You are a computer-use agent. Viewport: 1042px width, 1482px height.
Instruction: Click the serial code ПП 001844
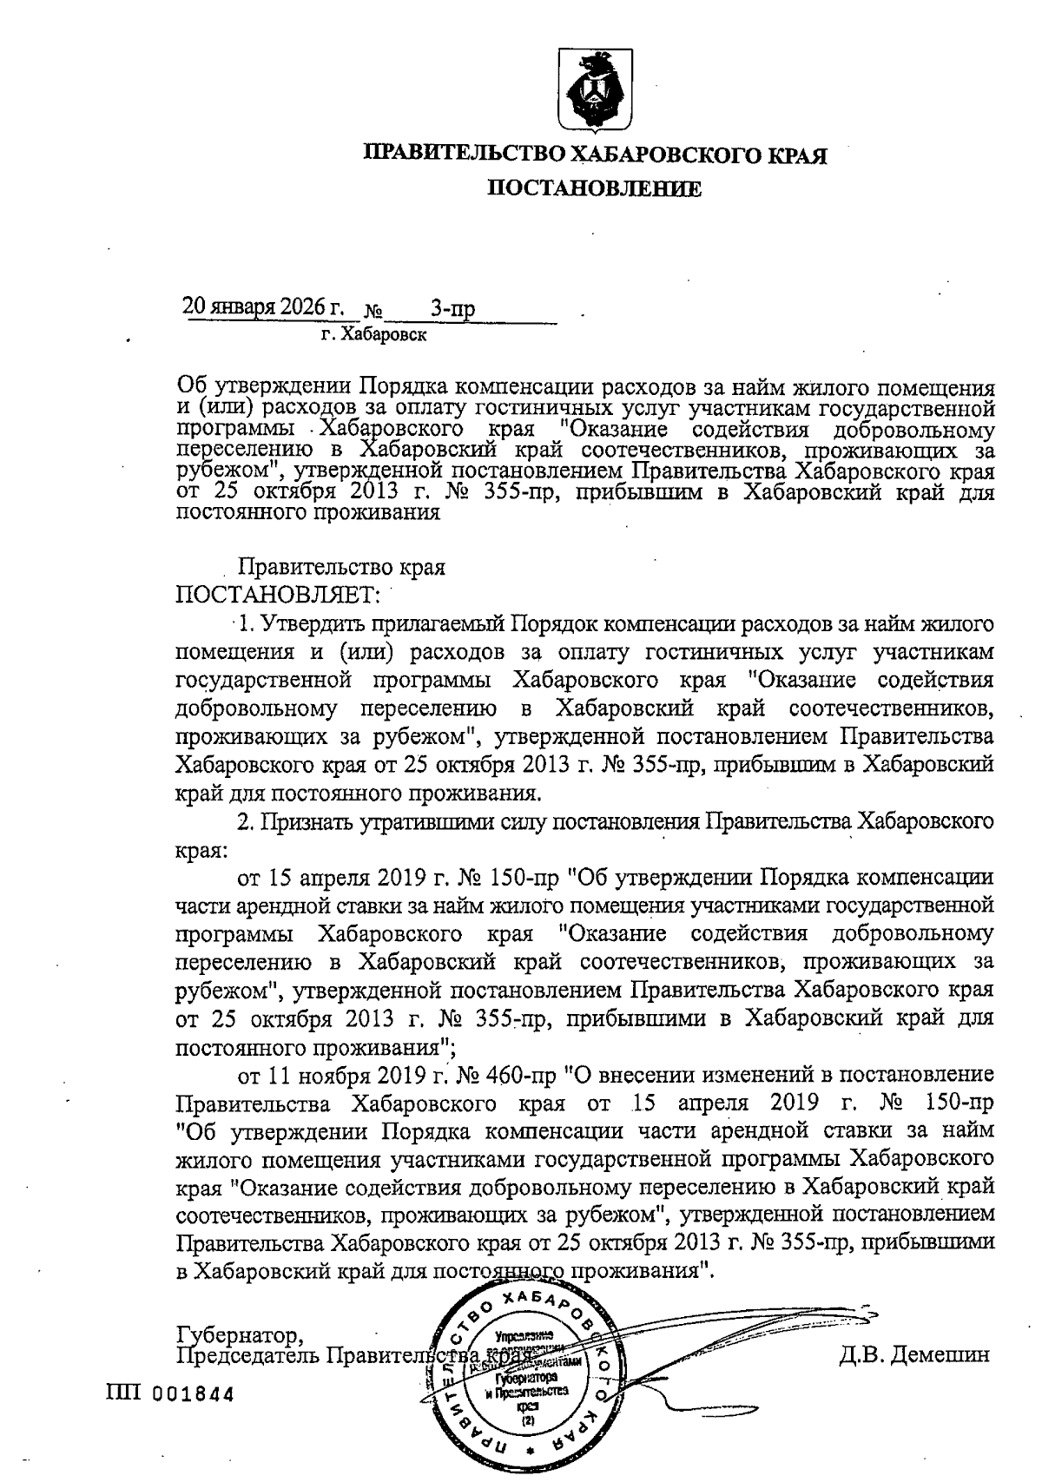(169, 1395)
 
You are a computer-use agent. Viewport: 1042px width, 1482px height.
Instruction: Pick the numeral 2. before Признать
(247, 821)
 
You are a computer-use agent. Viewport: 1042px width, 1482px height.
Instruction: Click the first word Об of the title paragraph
(189, 385)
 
